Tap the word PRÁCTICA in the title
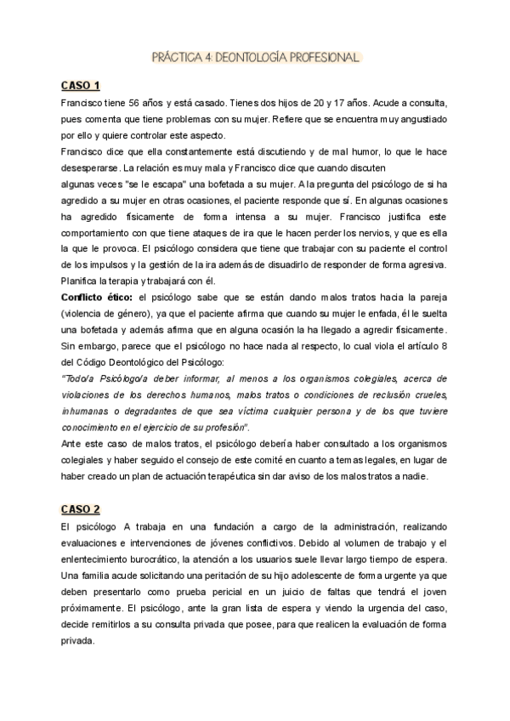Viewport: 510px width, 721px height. (x=174, y=59)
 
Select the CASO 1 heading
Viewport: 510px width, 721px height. (x=80, y=85)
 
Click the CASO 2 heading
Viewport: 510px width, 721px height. (x=81, y=509)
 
